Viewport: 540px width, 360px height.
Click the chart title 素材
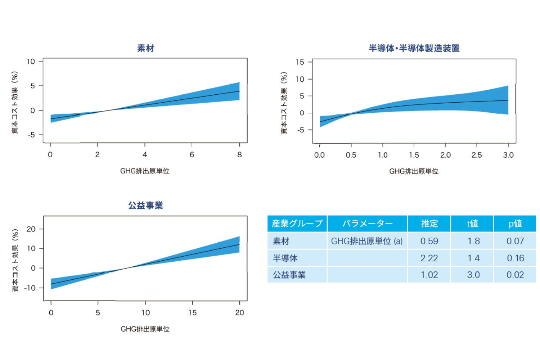(145, 48)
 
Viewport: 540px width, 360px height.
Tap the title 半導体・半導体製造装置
(414, 48)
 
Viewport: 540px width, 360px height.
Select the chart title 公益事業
(145, 206)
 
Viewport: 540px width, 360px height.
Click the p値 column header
(515, 224)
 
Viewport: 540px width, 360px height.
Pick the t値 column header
(472, 224)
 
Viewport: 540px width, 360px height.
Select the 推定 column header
(429, 224)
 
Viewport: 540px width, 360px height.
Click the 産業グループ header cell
(297, 224)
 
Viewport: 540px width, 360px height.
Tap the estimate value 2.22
(429, 258)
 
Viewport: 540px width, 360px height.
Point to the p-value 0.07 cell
(515, 241)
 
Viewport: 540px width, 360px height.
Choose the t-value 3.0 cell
(473, 275)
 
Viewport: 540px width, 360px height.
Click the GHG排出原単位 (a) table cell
(367, 241)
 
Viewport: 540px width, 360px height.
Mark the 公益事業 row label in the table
(289, 275)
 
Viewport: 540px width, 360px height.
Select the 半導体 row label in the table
(285, 258)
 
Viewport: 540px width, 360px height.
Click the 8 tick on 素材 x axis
(239, 155)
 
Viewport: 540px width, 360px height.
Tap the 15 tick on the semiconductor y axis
(300, 62)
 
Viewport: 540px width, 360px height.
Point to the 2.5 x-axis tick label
(477, 155)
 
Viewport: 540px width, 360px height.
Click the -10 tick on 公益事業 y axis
(30, 288)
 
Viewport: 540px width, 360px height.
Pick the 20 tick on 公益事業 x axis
(239, 313)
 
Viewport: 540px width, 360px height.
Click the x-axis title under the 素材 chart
(145, 171)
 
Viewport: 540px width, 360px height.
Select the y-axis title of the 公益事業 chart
(15, 260)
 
